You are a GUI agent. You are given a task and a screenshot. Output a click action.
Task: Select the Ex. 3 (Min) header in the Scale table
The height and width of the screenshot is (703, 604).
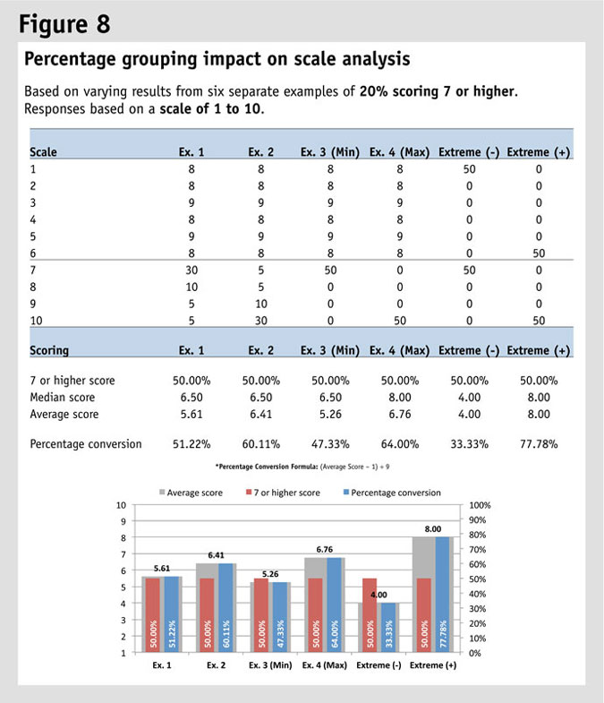(329, 152)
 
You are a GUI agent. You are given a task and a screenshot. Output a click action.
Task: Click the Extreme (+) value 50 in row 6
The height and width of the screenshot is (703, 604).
(539, 253)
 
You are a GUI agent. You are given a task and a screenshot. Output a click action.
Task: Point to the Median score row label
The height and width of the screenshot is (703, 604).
(62, 397)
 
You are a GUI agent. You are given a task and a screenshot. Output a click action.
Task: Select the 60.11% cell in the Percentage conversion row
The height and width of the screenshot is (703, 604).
(260, 443)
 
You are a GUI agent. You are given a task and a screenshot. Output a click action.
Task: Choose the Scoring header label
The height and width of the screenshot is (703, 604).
(50, 351)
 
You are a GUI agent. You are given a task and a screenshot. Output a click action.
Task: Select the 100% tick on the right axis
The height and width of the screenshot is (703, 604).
(479, 506)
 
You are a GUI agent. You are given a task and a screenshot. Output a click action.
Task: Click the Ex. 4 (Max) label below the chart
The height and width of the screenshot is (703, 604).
(328, 665)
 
